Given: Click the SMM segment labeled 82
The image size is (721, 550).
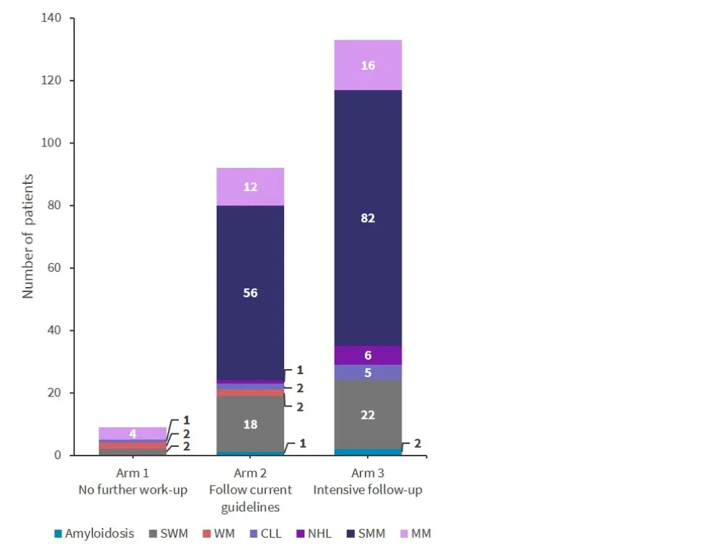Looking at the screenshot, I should [368, 218].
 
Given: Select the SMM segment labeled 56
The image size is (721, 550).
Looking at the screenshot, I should [250, 293].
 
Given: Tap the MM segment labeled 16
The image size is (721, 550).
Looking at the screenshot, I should [368, 66].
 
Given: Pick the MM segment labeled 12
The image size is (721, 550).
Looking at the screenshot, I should [250, 187].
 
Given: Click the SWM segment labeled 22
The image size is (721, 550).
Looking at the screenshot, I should [368, 414].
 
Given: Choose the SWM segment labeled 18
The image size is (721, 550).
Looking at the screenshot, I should [250, 424].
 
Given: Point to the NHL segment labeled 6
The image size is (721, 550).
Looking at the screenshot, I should [368, 355].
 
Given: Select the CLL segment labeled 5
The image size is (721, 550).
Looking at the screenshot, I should [368, 373].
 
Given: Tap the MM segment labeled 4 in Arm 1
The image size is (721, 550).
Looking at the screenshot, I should [133, 433].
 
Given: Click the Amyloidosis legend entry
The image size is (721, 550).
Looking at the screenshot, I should [94, 534].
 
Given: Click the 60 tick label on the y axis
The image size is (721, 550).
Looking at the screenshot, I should [54, 268].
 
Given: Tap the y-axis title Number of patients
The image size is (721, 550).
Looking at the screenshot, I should [28, 236].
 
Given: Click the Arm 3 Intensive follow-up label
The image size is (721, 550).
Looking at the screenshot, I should [368, 482].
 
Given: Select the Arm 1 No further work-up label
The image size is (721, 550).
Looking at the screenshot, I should [133, 482].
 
